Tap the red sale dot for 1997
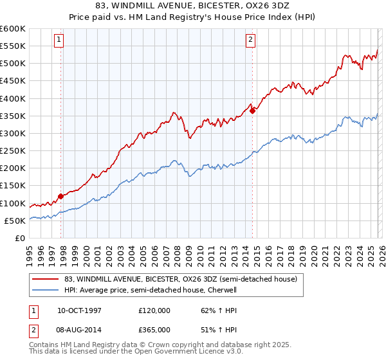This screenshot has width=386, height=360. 61,196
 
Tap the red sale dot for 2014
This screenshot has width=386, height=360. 252,111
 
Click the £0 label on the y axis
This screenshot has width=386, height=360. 19,238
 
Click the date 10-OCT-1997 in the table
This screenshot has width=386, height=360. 79,310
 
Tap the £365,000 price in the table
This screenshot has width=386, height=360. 154,329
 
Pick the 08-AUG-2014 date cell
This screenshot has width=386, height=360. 79,329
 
